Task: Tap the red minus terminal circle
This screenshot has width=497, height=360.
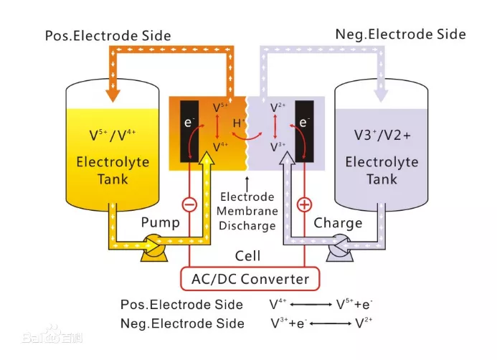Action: click(x=189, y=204)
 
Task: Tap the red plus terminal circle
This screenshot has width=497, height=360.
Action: click(x=304, y=205)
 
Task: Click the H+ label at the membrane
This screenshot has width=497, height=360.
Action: click(x=240, y=123)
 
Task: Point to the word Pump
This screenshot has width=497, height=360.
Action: click(x=160, y=223)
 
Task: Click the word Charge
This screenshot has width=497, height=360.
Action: click(x=338, y=223)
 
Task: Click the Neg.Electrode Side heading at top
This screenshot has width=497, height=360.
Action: click(x=400, y=34)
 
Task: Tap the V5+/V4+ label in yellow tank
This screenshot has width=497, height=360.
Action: click(x=113, y=135)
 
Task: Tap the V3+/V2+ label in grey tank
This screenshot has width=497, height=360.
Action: click(x=382, y=136)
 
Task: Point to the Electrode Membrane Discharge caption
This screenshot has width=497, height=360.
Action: click(x=247, y=211)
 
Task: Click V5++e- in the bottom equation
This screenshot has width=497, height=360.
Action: click(x=354, y=305)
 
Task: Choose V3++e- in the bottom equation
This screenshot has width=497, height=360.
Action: click(x=288, y=323)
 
